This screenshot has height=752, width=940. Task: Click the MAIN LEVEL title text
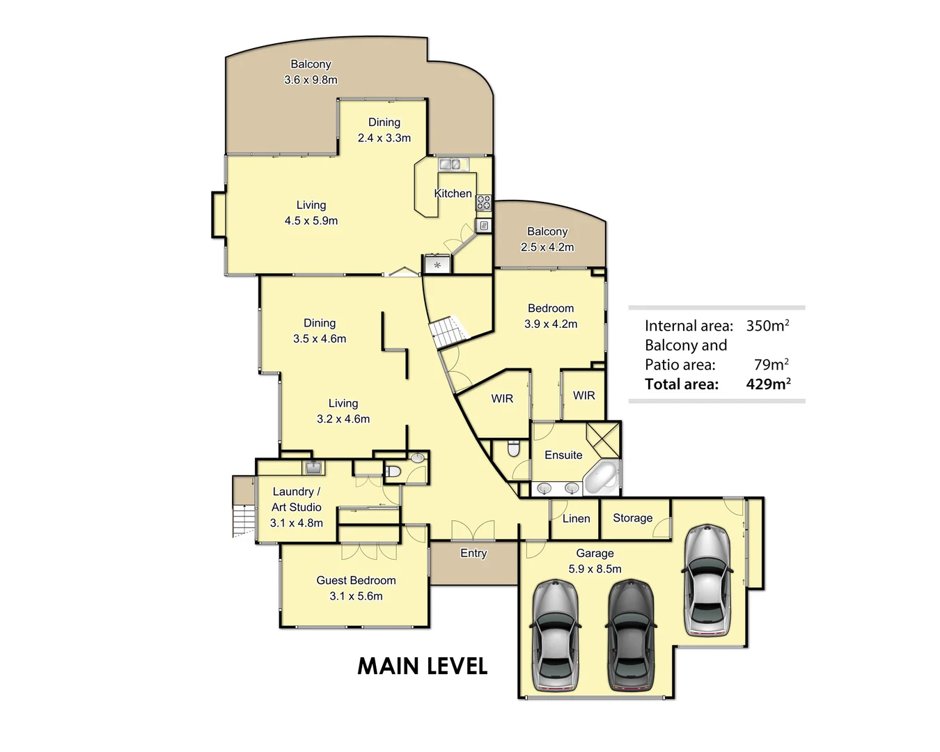(422, 666)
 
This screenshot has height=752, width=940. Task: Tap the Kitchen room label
(453, 194)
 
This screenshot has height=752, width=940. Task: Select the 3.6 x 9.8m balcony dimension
(311, 80)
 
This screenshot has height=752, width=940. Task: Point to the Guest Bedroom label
(356, 580)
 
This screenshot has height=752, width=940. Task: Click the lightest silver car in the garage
(707, 581)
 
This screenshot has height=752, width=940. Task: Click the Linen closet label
(576, 519)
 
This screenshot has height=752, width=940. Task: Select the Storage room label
(632, 518)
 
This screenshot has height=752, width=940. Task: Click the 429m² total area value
(768, 384)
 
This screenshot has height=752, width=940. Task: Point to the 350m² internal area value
(767, 325)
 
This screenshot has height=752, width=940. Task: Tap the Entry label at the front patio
(473, 553)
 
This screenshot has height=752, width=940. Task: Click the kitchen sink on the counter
(449, 164)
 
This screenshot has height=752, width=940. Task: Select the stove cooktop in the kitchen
(483, 203)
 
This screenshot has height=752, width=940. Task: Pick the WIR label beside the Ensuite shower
(583, 395)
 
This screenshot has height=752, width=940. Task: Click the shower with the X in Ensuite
(603, 439)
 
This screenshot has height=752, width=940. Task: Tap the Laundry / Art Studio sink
(313, 467)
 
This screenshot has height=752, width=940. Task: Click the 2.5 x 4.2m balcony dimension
(547, 247)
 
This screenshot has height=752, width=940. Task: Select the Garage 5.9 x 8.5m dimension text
(595, 569)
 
